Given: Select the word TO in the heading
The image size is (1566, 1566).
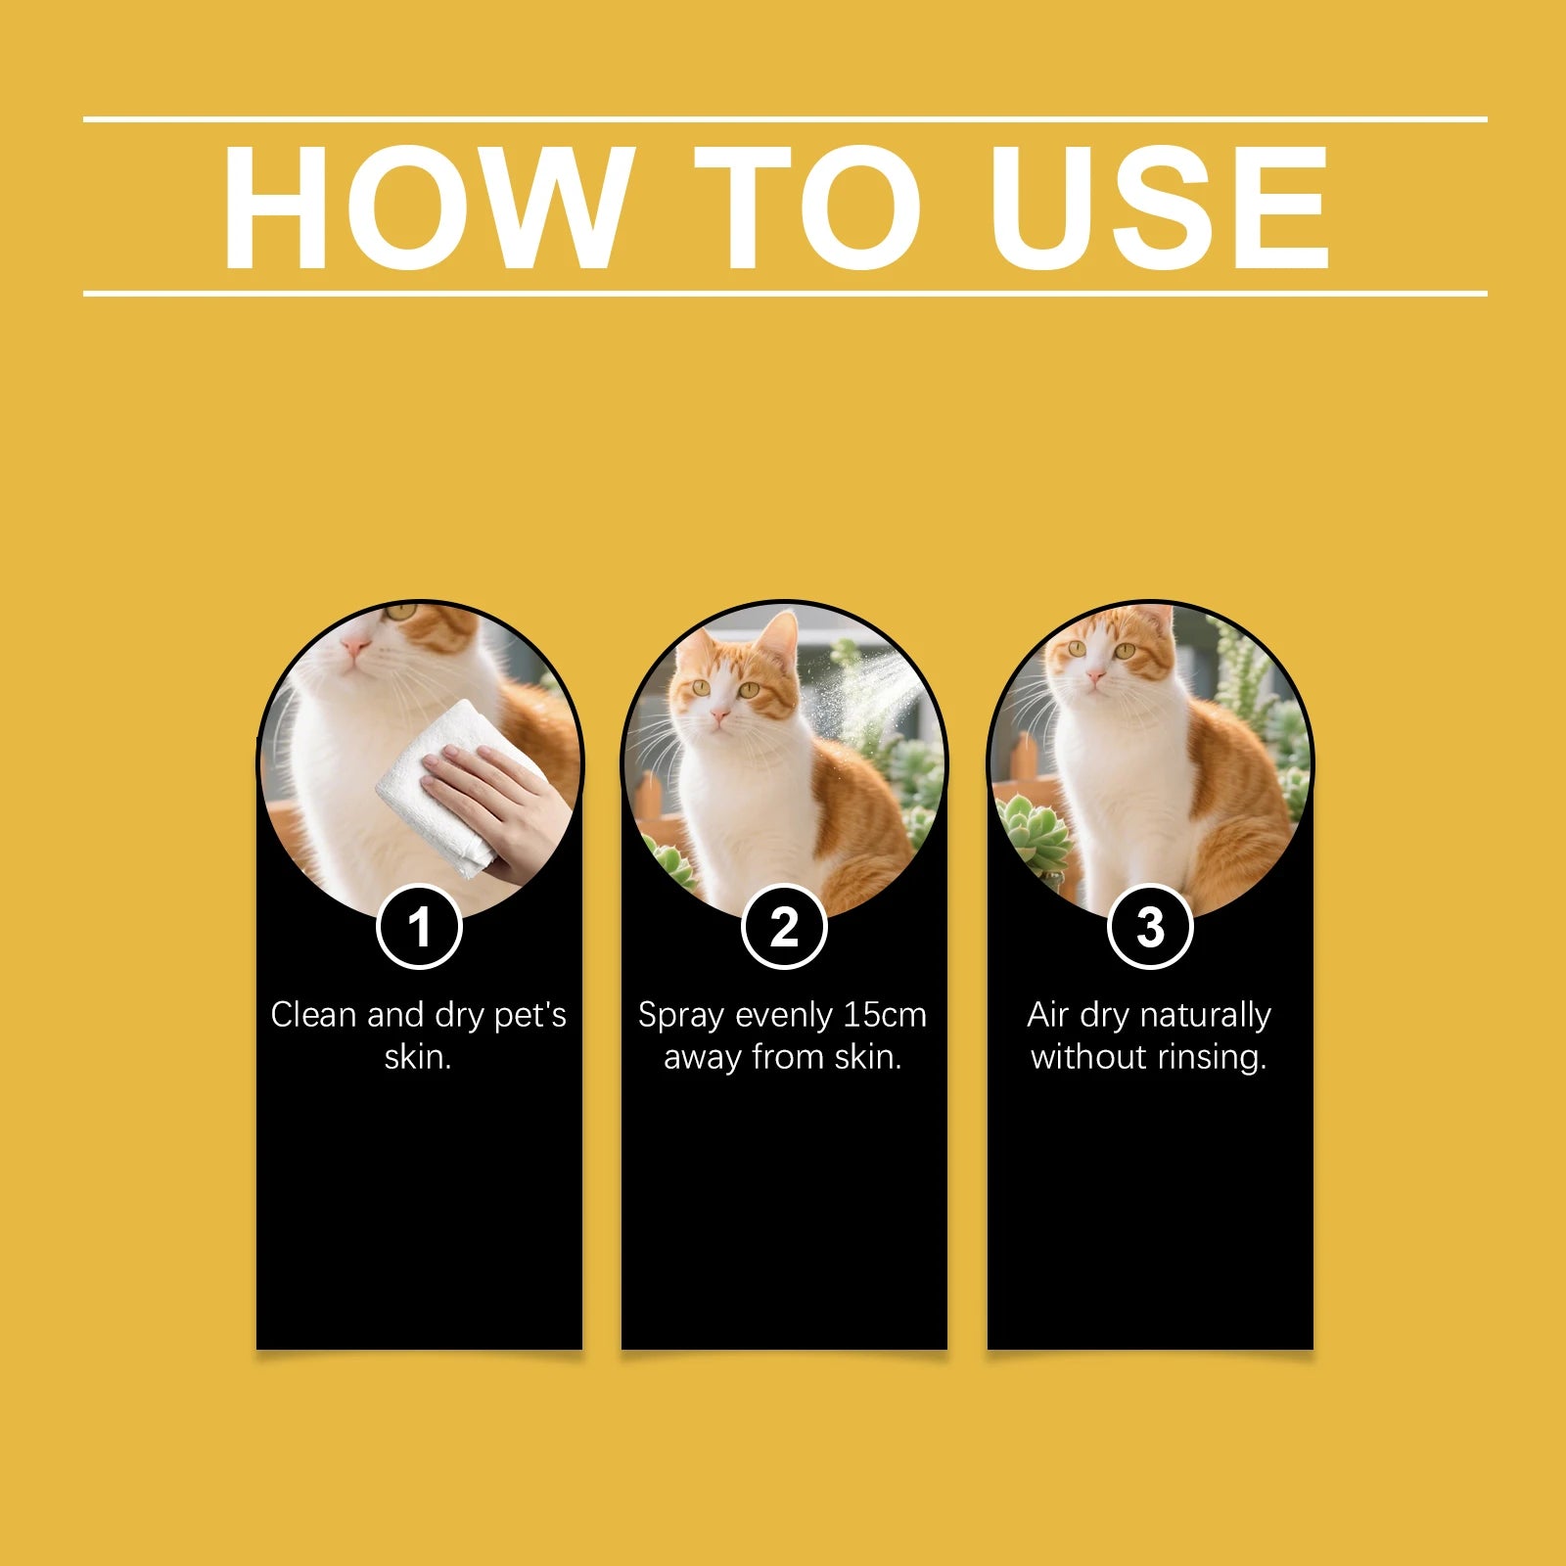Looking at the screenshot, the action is (807, 207).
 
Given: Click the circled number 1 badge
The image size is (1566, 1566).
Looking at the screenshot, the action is (419, 926).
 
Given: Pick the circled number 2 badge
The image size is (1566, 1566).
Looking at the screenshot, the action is (784, 926).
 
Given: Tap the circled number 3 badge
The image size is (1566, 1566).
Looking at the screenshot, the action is (1150, 926).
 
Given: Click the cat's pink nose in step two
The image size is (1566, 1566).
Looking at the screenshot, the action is (720, 717).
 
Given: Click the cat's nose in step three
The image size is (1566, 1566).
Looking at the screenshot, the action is (1095, 674).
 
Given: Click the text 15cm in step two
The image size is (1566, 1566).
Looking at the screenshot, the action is (885, 1015).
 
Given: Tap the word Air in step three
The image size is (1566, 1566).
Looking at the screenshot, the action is (1049, 1015).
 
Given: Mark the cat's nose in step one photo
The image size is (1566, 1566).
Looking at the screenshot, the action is (354, 646).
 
